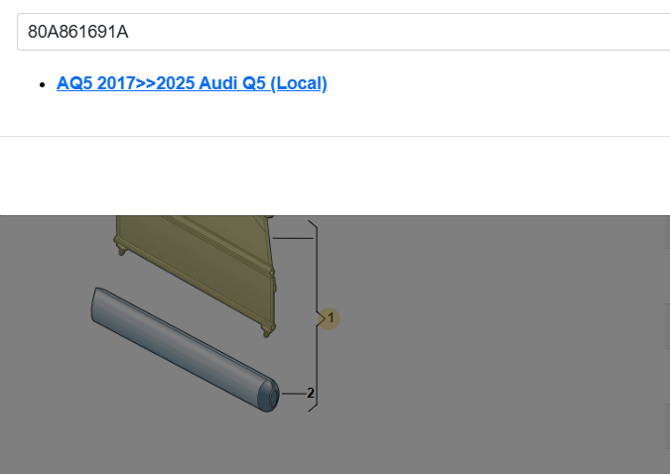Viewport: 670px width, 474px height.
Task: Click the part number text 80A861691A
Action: click(x=77, y=32)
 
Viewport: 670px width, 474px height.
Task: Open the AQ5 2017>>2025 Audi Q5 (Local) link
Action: click(x=192, y=83)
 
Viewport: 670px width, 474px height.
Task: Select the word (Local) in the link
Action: click(x=299, y=83)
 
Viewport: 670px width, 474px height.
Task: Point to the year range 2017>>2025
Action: click(x=146, y=83)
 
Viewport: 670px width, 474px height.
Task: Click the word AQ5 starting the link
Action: click(x=74, y=83)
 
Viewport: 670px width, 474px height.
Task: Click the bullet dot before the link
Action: click(x=42, y=84)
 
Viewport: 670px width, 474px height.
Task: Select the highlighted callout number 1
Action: click(x=330, y=318)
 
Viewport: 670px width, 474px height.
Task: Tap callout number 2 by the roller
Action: click(x=311, y=393)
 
